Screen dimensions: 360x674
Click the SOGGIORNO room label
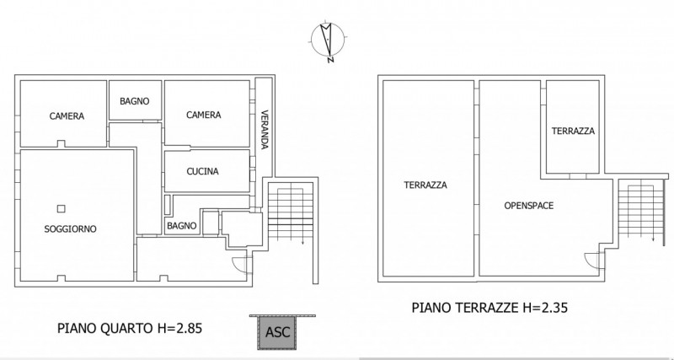point(70,228)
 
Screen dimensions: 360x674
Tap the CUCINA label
point(202,171)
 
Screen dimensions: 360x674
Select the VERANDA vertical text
point(264,130)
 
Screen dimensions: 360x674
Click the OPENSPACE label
point(528,205)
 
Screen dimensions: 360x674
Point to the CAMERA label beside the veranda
point(203,115)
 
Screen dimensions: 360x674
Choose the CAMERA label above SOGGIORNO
point(67,116)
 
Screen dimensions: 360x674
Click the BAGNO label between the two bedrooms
point(135,101)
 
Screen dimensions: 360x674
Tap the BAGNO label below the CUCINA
point(181,225)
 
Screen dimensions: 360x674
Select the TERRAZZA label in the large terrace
point(425,185)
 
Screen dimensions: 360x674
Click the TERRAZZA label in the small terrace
point(573,132)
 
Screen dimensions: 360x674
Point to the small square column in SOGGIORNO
point(61,209)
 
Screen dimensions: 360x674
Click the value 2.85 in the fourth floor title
point(188,327)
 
